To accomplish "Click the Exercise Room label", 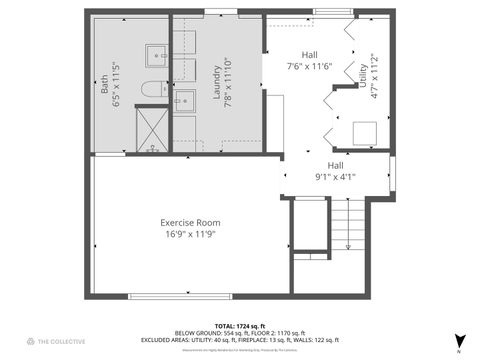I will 190,222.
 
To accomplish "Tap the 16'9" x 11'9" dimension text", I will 190,234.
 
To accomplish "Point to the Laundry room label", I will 216,79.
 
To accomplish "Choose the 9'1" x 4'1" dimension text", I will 336,177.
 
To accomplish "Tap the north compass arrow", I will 459,341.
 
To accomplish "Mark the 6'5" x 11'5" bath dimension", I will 118,85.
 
